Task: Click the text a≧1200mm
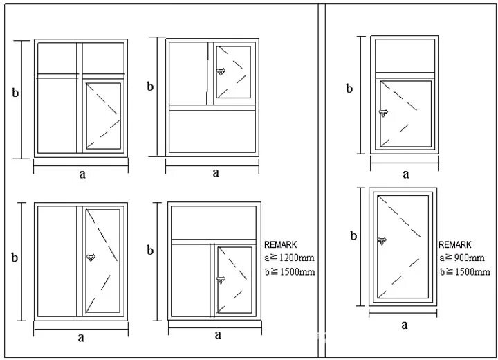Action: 289,258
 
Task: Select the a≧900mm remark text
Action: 462,258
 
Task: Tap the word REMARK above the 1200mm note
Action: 280,244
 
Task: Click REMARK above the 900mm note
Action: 454,245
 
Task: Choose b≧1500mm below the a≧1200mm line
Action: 290,271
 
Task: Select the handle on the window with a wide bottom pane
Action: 221,71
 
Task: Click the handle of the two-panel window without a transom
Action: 90,258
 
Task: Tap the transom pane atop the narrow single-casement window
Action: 405,55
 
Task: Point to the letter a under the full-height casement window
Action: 405,324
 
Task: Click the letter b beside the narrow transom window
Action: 349,88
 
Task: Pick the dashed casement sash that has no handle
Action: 104,115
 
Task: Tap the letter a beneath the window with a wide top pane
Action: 217,335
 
